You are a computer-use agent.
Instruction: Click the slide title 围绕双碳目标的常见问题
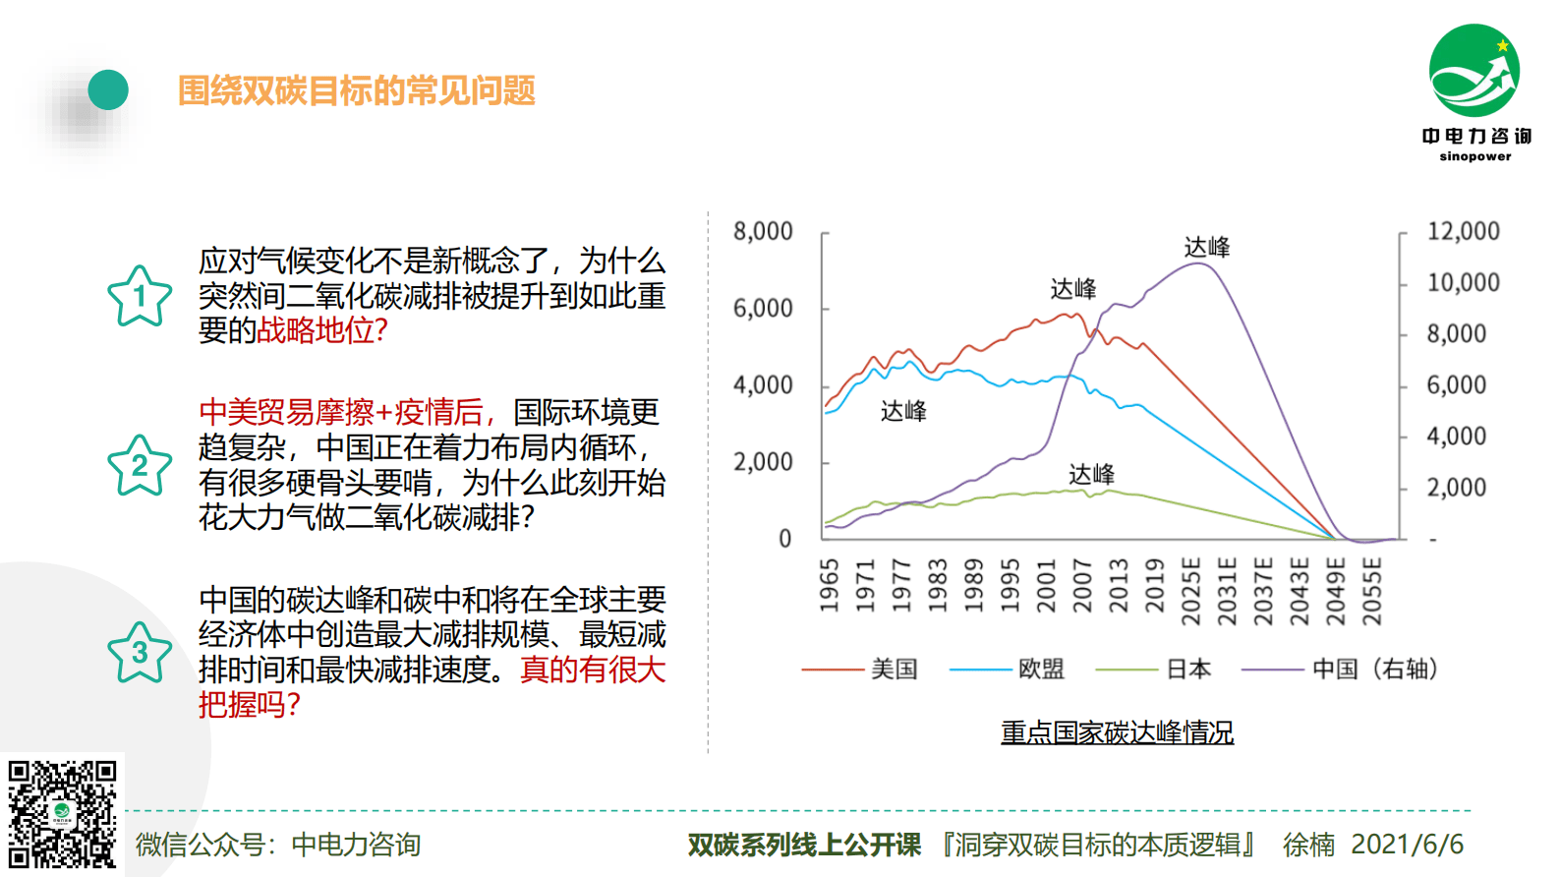click(356, 90)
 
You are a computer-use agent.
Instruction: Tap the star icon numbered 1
click(140, 297)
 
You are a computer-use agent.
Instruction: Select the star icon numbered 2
click(140, 466)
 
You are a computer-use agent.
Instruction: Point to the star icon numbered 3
click(140, 653)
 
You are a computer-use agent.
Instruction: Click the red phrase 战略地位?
click(322, 330)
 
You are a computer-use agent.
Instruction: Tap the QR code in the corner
click(62, 814)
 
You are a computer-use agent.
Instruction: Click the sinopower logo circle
click(1473, 71)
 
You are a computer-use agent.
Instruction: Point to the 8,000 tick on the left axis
click(763, 232)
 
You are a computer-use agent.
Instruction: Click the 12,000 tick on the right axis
click(1463, 232)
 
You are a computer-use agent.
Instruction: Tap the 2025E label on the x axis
click(1191, 591)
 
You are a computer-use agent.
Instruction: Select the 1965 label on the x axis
click(830, 585)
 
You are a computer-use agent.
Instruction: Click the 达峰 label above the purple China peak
click(1206, 247)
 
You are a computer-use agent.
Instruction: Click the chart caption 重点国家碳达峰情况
click(1117, 732)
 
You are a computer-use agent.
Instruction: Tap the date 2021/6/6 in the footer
click(1407, 844)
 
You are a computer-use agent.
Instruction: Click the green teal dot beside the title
click(108, 90)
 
